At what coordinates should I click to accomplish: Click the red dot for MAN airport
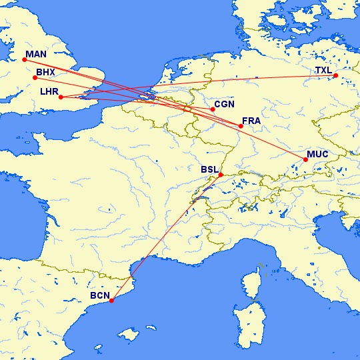(24, 60)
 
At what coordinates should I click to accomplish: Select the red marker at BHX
(35, 78)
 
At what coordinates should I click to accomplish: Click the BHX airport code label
(46, 71)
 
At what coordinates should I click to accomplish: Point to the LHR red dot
(61, 97)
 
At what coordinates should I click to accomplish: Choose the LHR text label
(50, 91)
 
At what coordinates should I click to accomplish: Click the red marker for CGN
(213, 109)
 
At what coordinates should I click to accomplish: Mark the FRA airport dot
(241, 126)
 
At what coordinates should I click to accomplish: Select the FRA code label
(252, 121)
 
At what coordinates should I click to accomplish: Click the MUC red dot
(305, 159)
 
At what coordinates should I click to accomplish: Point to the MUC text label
(317, 154)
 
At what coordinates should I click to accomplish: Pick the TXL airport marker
(336, 76)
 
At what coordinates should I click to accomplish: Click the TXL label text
(324, 69)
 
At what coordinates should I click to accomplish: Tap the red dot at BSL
(221, 175)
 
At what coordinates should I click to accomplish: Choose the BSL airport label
(209, 169)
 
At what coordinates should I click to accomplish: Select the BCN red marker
(111, 301)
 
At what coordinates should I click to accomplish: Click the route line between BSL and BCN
(166, 238)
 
